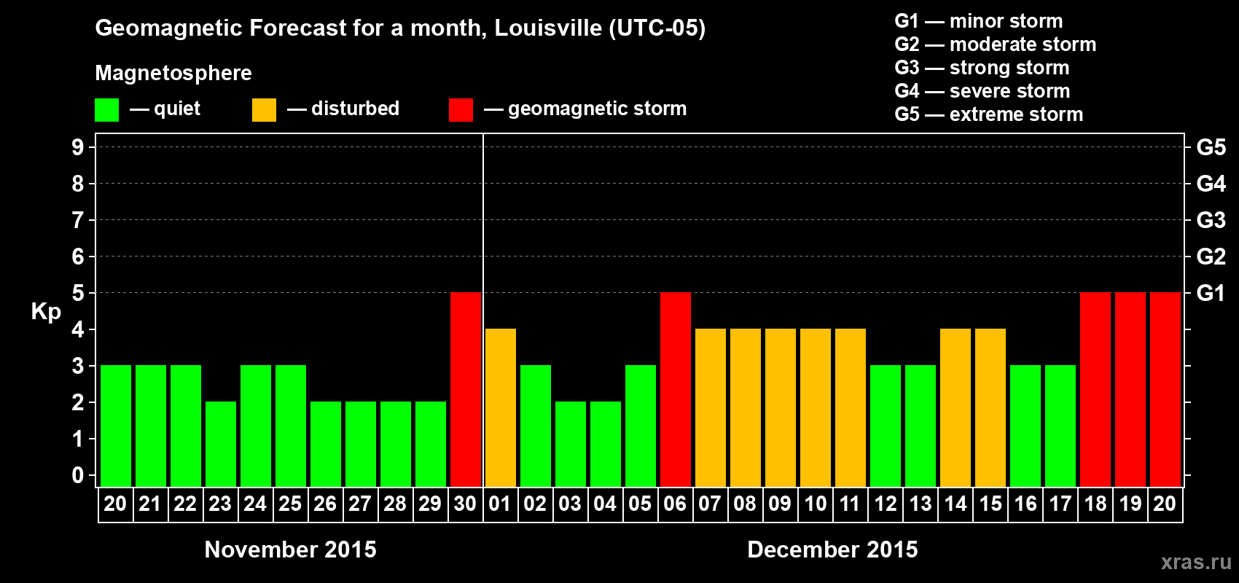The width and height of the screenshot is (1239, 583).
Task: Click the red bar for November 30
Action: pyautogui.click(x=466, y=389)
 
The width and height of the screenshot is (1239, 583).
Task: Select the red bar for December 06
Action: pyautogui.click(x=676, y=389)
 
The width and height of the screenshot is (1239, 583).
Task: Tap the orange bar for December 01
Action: pyautogui.click(x=501, y=407)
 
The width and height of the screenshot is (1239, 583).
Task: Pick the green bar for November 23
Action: pyautogui.click(x=221, y=444)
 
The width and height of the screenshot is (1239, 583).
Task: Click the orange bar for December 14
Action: pyautogui.click(x=955, y=407)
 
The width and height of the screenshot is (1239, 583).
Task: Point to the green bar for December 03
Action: pyautogui.click(x=571, y=444)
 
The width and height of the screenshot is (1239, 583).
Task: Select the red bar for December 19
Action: pyautogui.click(x=1130, y=389)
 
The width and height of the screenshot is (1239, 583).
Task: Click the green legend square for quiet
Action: pyautogui.click(x=107, y=110)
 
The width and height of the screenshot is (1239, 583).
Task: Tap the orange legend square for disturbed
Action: pyautogui.click(x=265, y=110)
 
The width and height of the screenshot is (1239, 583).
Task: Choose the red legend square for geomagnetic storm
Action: pyautogui.click(x=461, y=110)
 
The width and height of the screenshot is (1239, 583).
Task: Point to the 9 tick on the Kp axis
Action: pyautogui.click(x=78, y=147)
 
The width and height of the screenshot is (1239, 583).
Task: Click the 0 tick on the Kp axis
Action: pyautogui.click(x=78, y=476)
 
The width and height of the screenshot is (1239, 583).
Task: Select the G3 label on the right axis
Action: pyautogui.click(x=1211, y=220)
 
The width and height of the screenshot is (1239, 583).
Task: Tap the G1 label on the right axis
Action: pyautogui.click(x=1211, y=293)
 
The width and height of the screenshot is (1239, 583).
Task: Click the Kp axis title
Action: pyautogui.click(x=46, y=312)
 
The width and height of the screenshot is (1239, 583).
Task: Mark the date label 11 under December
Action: pyautogui.click(x=850, y=504)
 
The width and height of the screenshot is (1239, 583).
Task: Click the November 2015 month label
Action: pyautogui.click(x=290, y=549)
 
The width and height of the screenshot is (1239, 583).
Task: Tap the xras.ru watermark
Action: pyautogui.click(x=1196, y=562)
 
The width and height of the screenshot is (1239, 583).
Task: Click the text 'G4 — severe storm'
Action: pyautogui.click(x=982, y=91)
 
